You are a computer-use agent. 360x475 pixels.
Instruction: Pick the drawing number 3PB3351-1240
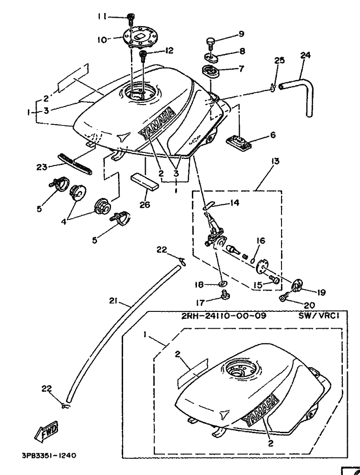48,456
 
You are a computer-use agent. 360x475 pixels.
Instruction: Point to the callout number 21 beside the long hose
113,301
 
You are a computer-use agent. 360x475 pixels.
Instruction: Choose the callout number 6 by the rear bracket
273,135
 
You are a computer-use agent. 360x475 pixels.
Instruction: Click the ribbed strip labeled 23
74,163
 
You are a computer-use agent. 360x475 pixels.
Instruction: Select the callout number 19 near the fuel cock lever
321,292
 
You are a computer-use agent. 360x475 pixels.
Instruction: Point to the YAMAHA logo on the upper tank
158,123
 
